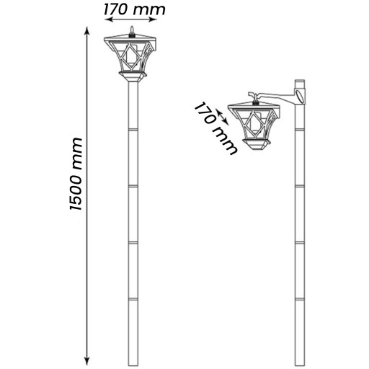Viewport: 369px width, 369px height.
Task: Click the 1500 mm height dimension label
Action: click(76, 174)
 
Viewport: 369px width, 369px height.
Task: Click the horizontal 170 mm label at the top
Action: click(135, 9)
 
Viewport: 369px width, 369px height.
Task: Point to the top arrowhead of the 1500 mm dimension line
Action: click(87, 30)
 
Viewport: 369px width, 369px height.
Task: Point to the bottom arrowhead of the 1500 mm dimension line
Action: click(88, 361)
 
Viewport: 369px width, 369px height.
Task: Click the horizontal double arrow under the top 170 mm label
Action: click(131, 19)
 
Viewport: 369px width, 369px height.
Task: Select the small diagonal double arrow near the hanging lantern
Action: click(222, 117)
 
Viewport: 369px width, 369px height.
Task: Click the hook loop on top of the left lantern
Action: click(131, 30)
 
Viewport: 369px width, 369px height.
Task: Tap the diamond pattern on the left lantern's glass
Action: click(131, 55)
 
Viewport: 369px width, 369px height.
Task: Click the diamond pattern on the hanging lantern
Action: click(254, 123)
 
